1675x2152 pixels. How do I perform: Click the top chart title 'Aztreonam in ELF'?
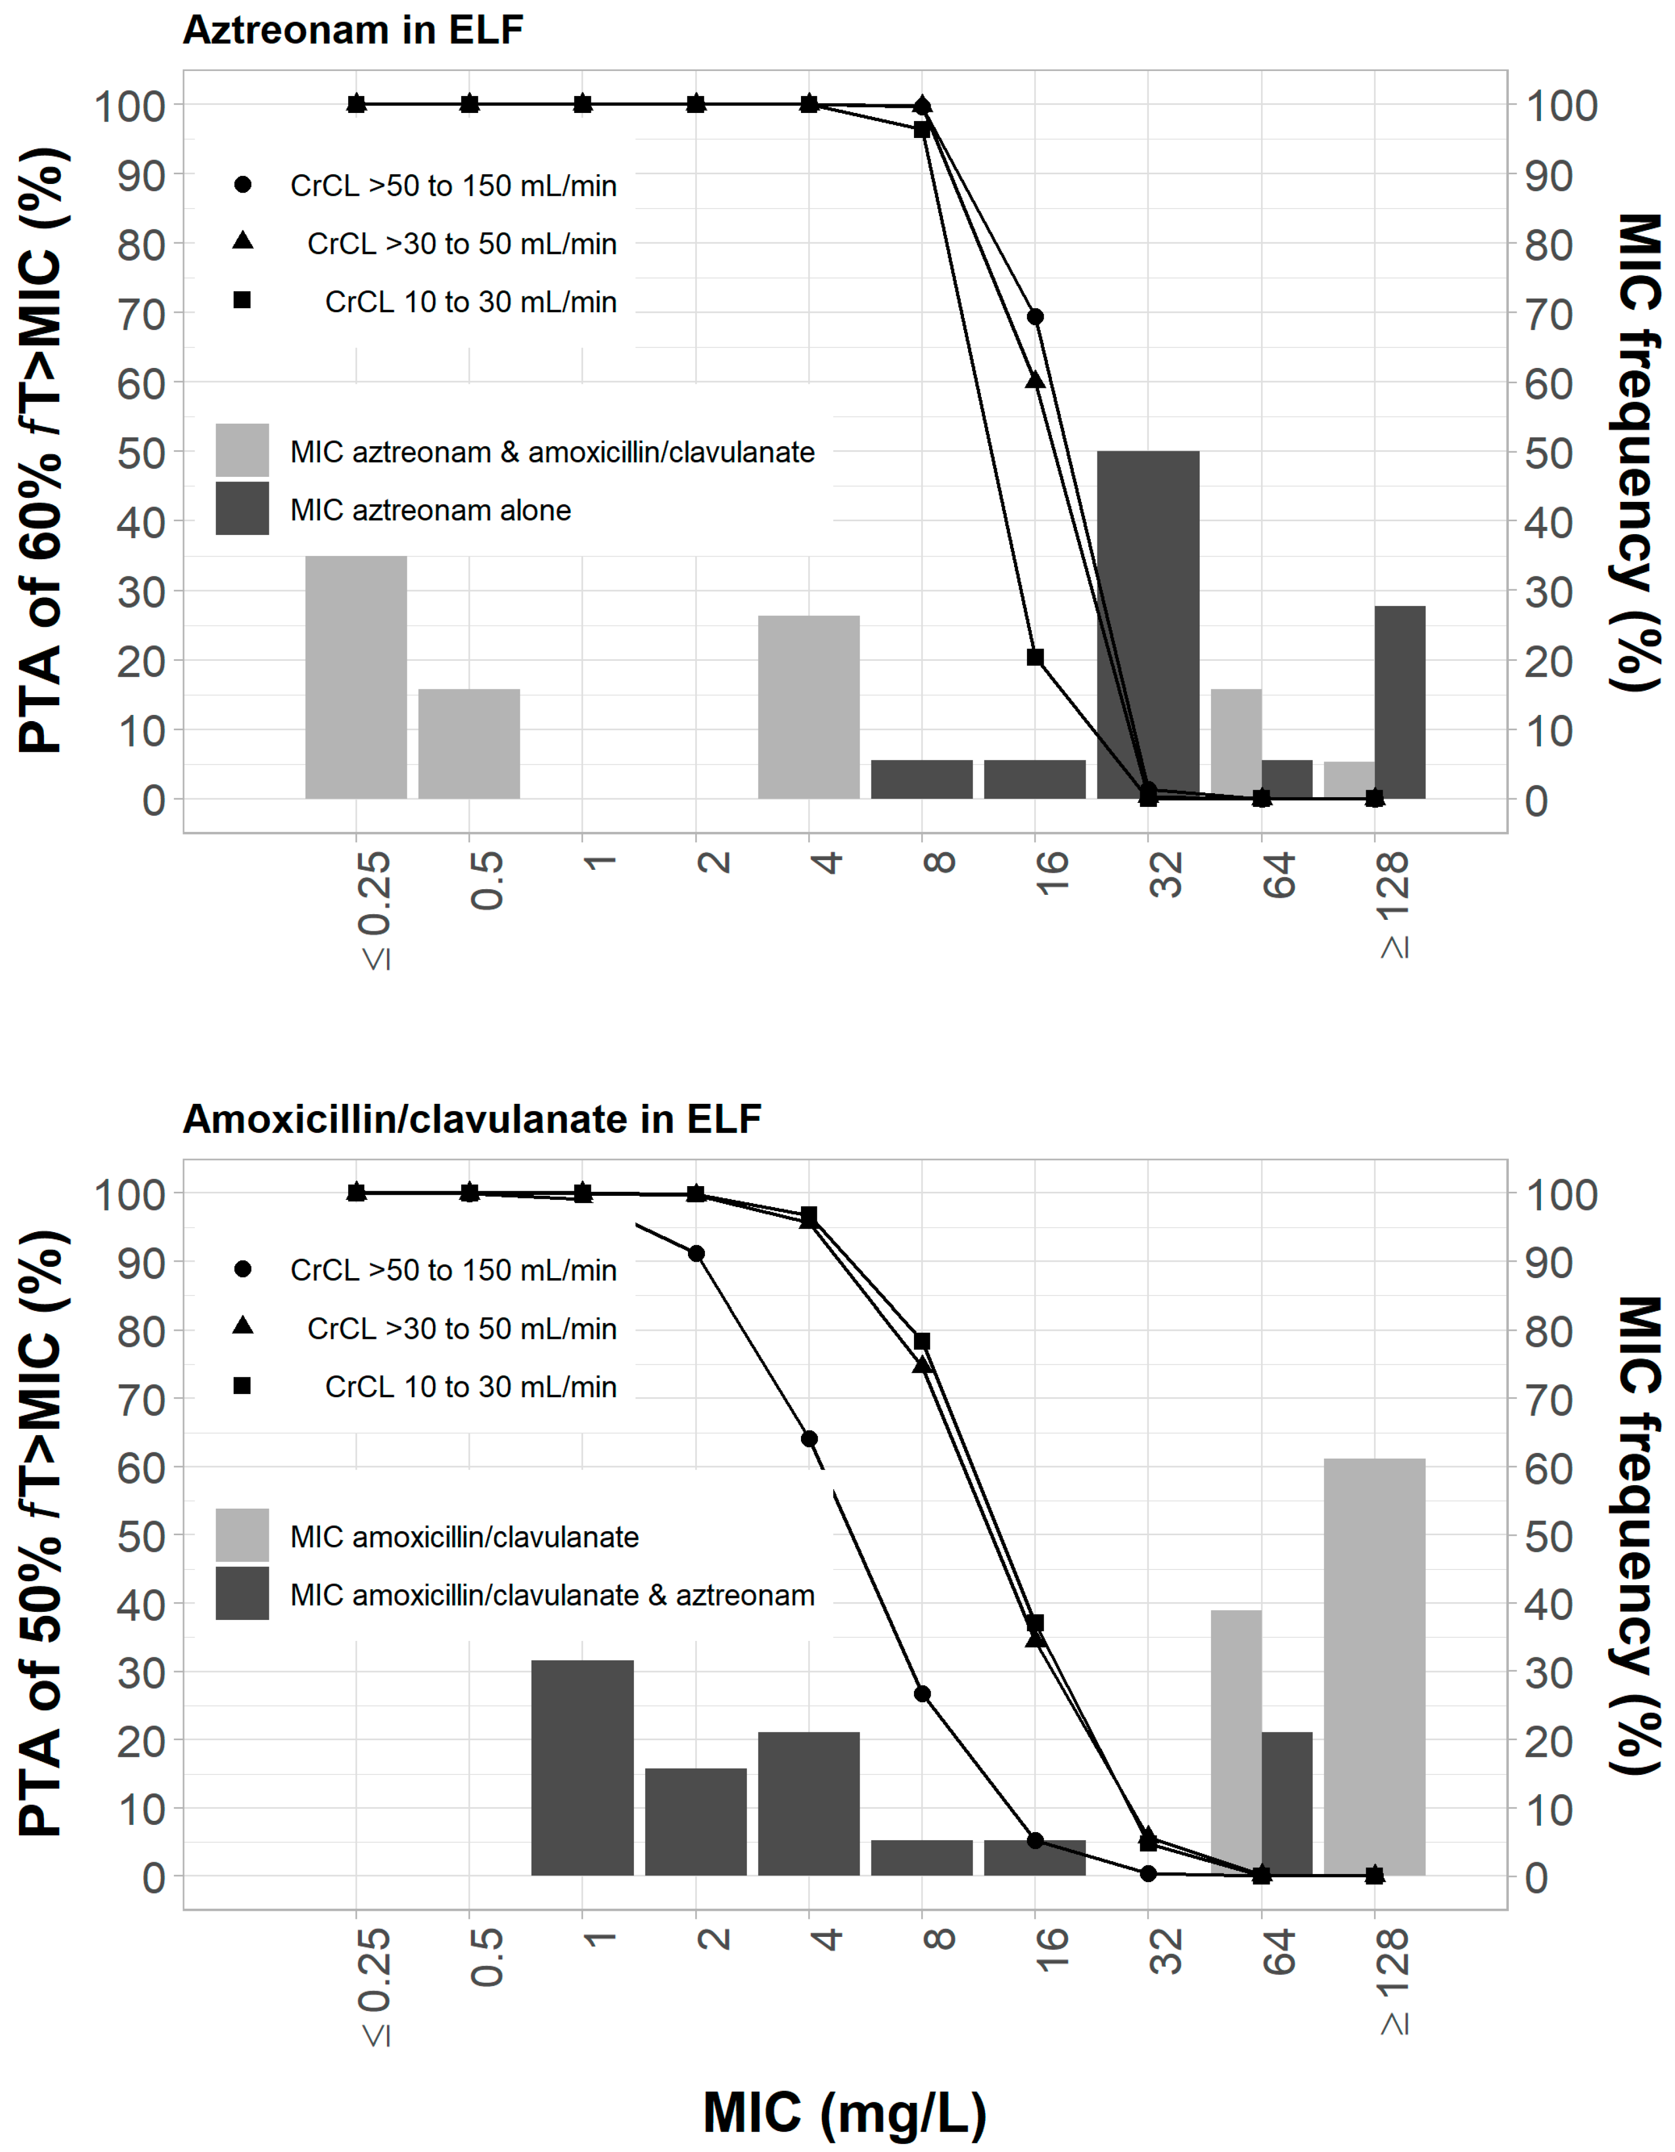[x=353, y=30]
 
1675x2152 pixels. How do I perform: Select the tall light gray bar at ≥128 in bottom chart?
[x=1374, y=1665]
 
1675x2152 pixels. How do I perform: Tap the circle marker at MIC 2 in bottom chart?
[x=696, y=1254]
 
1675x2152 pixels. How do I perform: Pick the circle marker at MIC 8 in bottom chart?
[x=922, y=1694]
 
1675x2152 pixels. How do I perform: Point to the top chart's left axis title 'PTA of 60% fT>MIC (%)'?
[x=41, y=451]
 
